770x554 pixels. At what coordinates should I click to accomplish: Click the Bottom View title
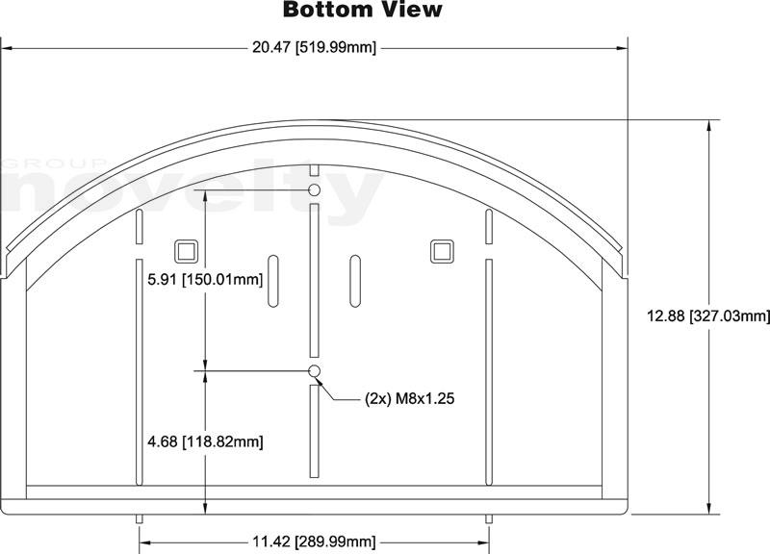pos(363,10)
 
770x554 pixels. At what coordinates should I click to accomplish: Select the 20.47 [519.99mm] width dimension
pos(315,47)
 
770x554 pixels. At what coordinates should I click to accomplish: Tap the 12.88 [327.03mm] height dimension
pos(708,316)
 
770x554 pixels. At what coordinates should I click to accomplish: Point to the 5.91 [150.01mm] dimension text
pos(205,280)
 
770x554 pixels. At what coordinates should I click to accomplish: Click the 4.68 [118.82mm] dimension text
pos(205,441)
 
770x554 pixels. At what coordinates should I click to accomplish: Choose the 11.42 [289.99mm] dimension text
pos(315,542)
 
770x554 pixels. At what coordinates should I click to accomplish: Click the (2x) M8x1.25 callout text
pos(410,398)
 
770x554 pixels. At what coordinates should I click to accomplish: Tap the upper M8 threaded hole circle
pos(315,189)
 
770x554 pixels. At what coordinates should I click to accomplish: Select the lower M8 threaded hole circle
pos(315,370)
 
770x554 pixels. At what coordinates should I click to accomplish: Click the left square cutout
pos(187,252)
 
